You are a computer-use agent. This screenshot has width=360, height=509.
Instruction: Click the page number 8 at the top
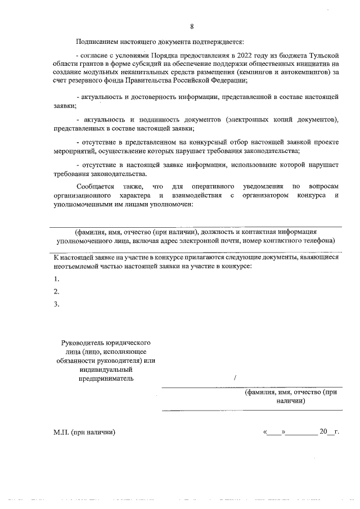[x=192, y=27]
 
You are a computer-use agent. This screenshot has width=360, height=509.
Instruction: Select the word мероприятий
[x=70, y=151]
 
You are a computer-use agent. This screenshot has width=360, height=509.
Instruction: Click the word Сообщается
[x=96, y=186]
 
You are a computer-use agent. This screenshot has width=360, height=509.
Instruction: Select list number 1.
[x=56, y=279]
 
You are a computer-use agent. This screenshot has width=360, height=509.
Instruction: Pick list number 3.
[x=56, y=304]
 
